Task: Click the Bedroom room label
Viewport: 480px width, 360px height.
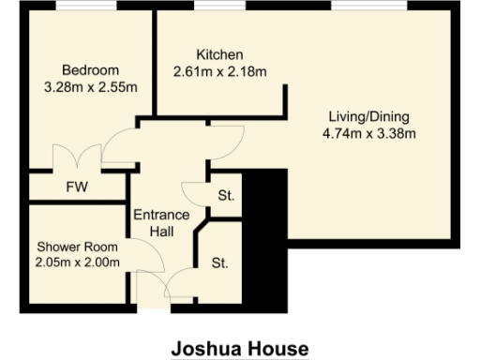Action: [90, 71]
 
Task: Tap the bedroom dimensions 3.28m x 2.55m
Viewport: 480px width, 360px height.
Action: [91, 88]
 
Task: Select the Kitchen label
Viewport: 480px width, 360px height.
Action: [219, 54]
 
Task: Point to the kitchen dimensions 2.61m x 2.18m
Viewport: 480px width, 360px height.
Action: [219, 71]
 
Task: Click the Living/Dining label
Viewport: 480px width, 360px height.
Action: [368, 116]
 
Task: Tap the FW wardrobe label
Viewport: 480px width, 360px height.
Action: [77, 187]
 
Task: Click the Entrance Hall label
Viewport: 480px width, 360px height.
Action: [161, 222]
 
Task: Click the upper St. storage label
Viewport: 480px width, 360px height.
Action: [225, 197]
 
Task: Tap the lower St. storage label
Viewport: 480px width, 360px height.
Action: [219, 262]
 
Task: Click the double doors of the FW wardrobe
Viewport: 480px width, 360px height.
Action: [76, 159]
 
